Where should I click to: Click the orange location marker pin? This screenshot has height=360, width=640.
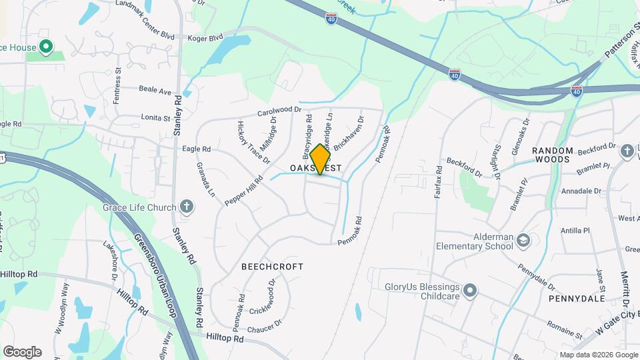coord(320,159)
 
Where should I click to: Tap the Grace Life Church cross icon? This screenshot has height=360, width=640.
coord(187,207)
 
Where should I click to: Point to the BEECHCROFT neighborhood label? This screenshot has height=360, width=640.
coord(272,267)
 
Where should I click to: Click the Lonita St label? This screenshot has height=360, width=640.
coord(155,118)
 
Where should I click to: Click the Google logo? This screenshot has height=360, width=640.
coord(22,352)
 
